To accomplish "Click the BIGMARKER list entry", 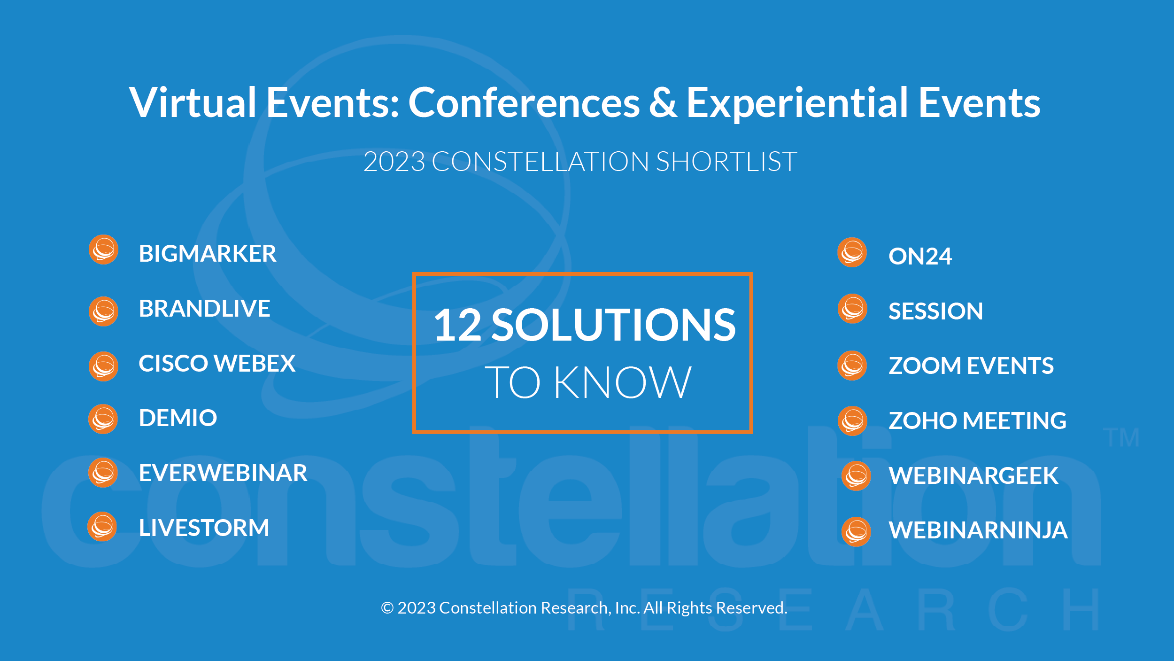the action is [208, 254].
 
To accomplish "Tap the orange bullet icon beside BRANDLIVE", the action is [103, 311].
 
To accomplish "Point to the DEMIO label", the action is [178, 418].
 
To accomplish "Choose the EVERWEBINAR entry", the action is [223, 473].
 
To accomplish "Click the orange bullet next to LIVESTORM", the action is [102, 526].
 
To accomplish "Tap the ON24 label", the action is [920, 257].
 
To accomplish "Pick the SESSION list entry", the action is [935, 311].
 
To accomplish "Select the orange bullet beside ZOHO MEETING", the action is [852, 421].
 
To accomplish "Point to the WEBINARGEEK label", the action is [973, 475].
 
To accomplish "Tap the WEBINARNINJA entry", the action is [978, 530].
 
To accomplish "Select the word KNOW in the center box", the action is [623, 382].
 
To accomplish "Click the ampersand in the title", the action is [663, 102].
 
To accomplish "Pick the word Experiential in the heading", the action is [797, 104].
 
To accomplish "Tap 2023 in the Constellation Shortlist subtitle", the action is [394, 162].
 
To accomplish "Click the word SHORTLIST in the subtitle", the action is [726, 162].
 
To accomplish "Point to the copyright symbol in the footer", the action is [387, 608].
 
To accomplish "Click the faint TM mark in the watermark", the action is [1121, 438].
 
